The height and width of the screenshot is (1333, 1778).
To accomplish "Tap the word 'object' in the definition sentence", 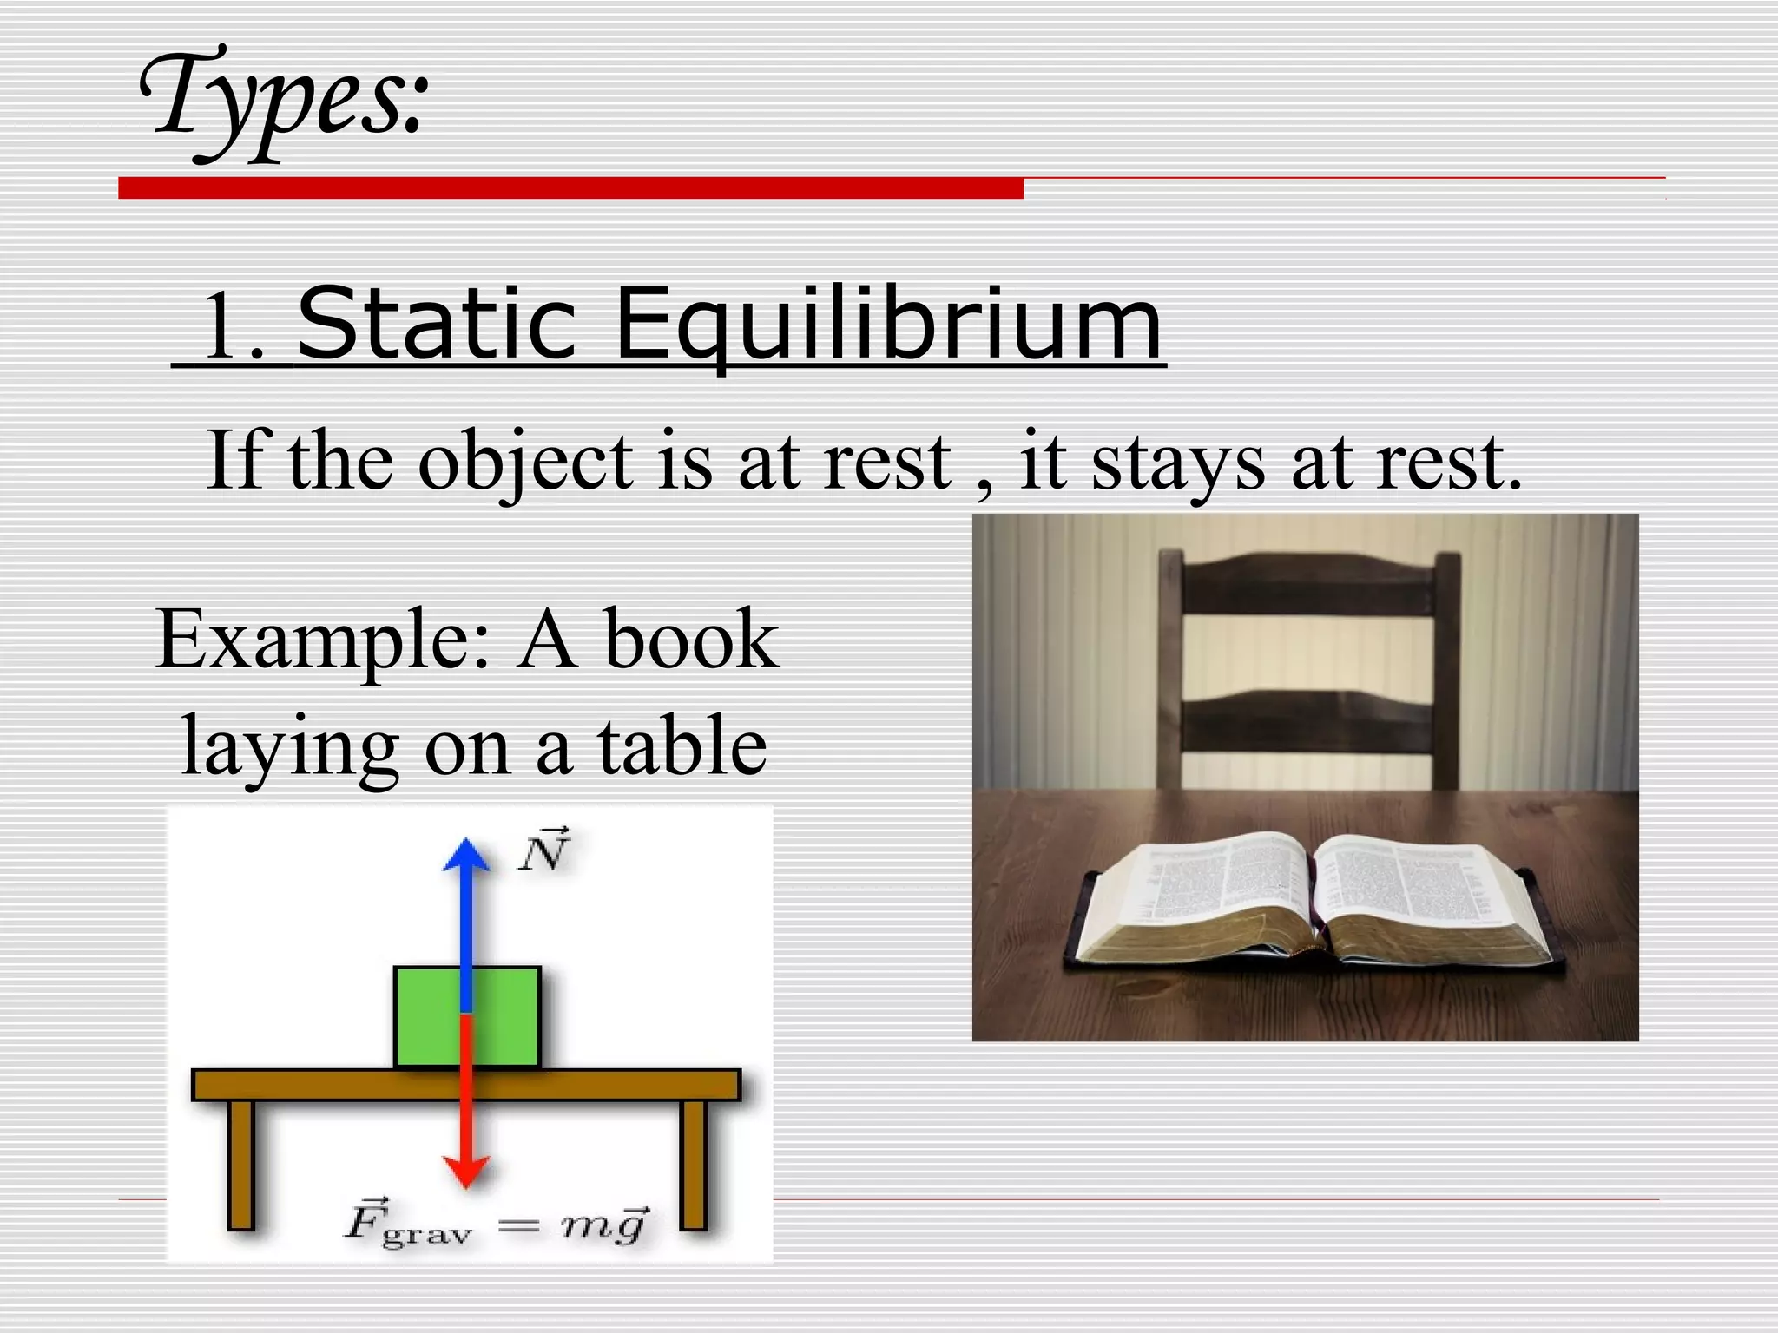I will coord(525,463).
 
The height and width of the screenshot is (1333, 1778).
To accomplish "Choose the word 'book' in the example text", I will coord(691,640).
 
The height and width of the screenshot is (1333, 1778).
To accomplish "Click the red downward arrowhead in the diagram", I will coord(466,1171).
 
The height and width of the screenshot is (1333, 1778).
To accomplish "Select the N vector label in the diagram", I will coord(544,850).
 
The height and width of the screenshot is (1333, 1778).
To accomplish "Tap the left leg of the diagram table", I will coord(241,1163).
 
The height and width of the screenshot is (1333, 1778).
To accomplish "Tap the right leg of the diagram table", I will coord(693,1163).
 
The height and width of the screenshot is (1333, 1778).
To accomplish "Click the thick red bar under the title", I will coord(570,188).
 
